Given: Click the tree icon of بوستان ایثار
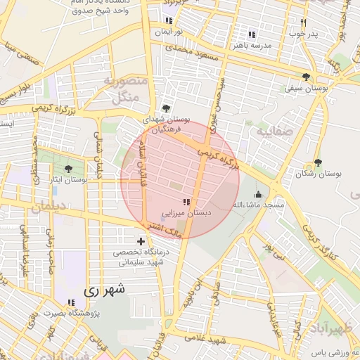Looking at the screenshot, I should tap(68, 168).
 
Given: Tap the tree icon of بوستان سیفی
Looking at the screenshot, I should tap(305, 77).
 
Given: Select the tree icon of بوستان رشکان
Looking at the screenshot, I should tap(318, 162).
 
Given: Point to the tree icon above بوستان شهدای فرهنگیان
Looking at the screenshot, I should tap(165, 108).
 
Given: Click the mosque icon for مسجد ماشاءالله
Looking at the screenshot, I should tap(258, 194).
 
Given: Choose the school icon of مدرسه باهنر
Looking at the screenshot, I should tap(251, 34).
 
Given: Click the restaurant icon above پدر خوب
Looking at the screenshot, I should tap(303, 22).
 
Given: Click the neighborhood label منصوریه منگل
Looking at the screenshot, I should tap(125, 89).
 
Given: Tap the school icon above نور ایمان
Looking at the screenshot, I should tap(168, 20).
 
